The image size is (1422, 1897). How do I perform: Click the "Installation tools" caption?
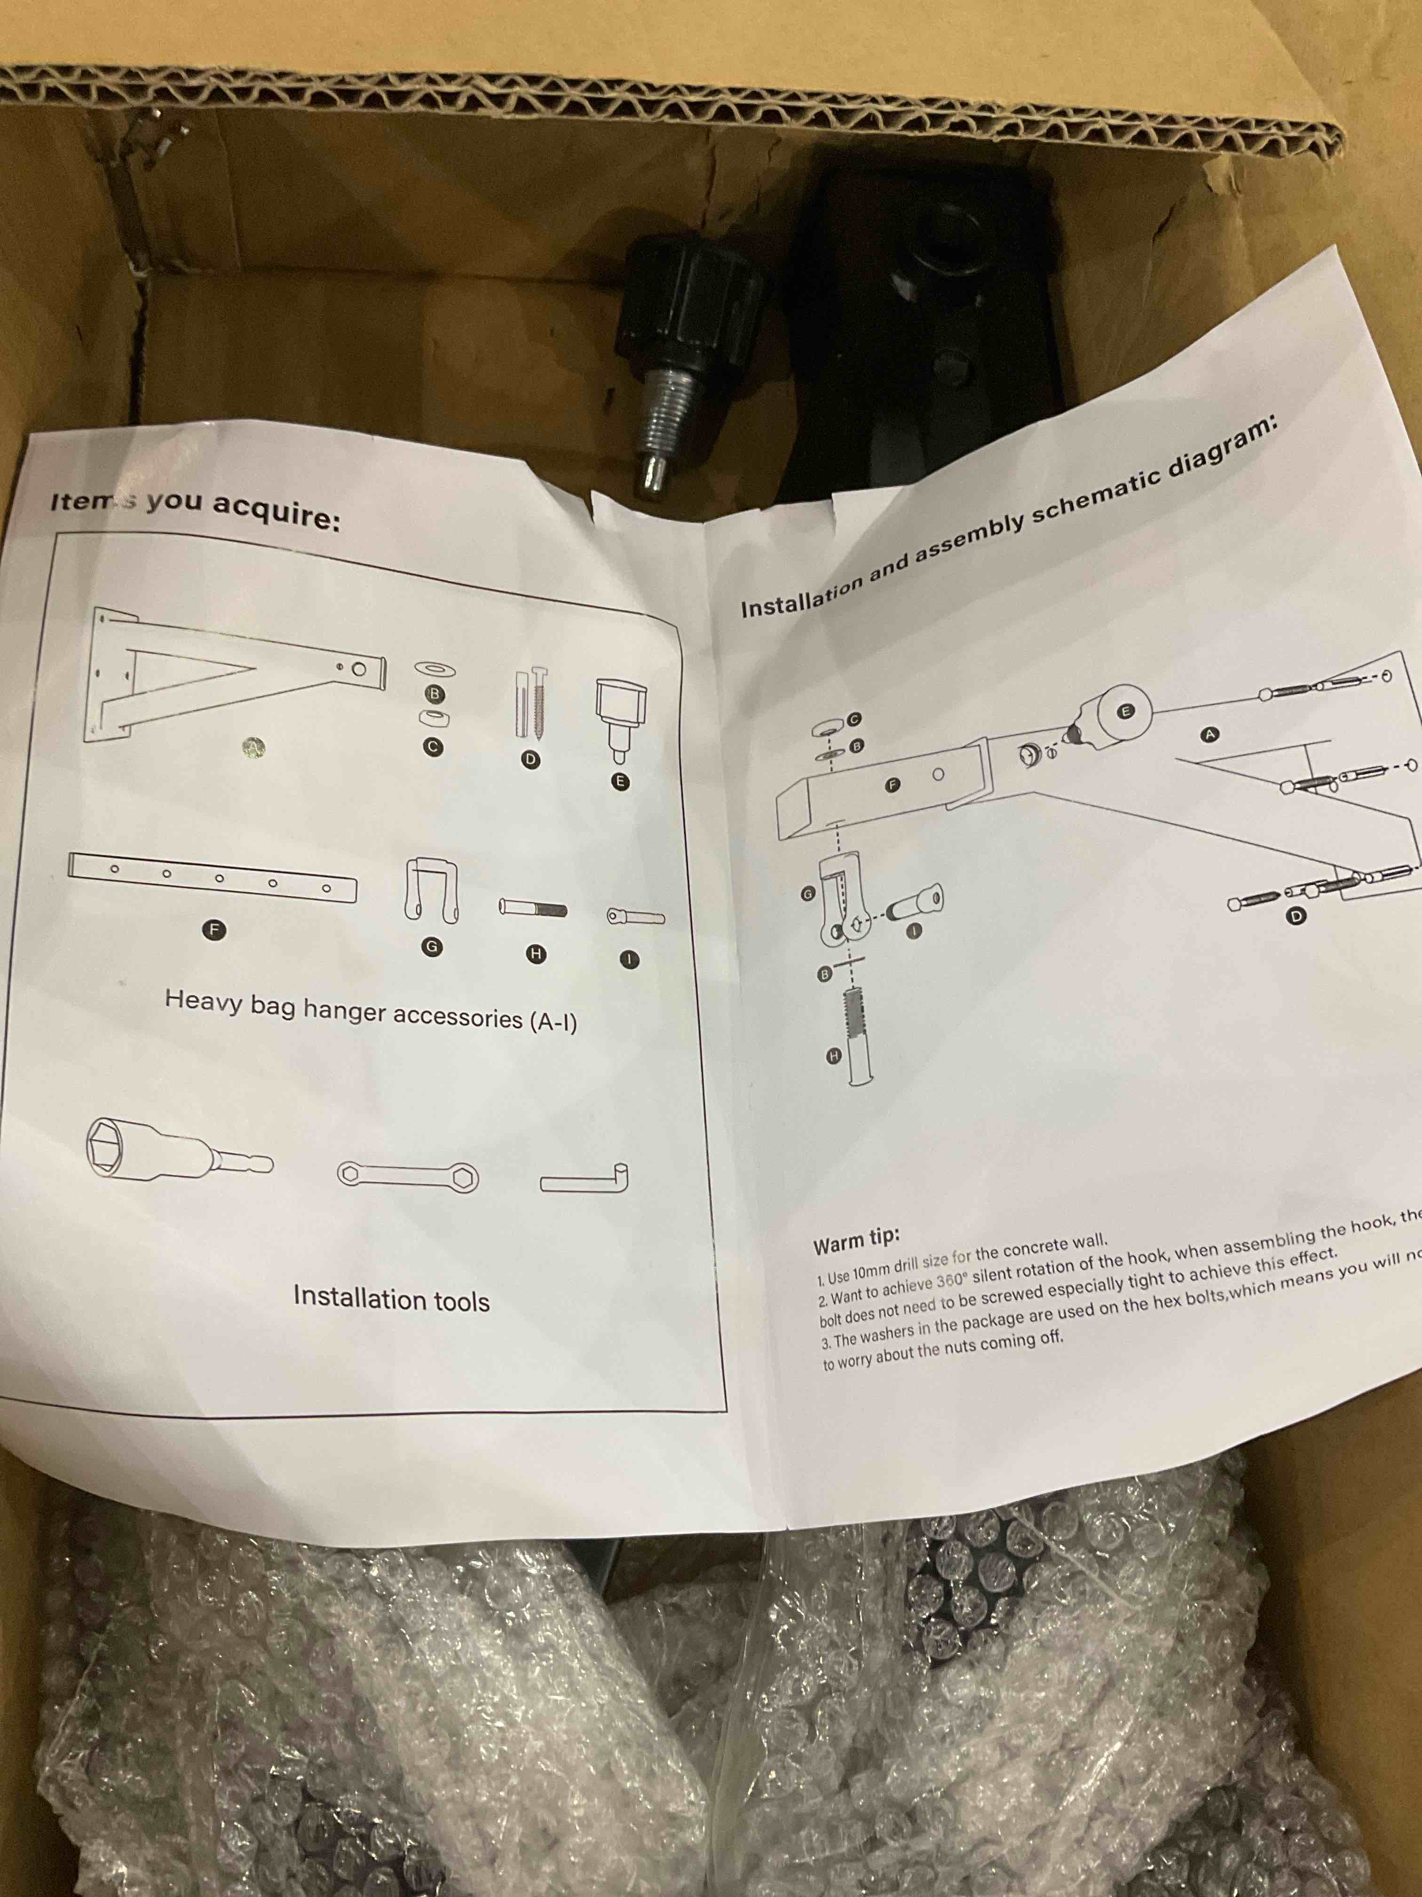pos(391,1299)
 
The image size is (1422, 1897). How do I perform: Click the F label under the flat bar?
pos(216,929)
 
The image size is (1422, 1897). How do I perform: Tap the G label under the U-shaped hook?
pos(433,946)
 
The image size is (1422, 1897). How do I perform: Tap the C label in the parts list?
pos(434,747)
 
